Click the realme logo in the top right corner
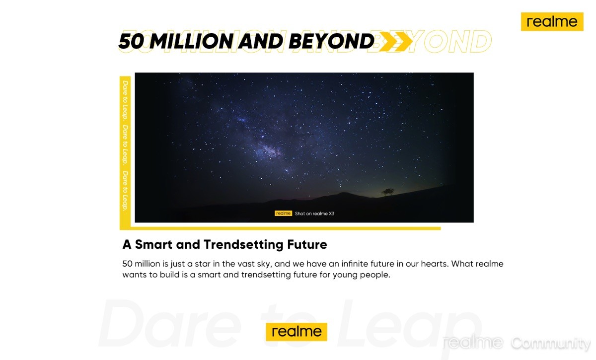click(552, 21)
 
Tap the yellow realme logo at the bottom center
click(297, 332)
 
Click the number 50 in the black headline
click(131, 41)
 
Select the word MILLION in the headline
click(192, 41)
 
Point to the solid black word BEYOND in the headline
click(332, 41)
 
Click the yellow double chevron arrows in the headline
click(396, 41)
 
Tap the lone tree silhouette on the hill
click(388, 192)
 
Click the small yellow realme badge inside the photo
click(284, 214)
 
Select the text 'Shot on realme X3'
click(314, 214)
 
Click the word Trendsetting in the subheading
click(243, 245)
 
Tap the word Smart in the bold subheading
click(153, 244)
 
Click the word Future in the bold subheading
click(307, 244)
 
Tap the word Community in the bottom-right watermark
click(551, 343)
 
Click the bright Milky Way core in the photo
click(269, 150)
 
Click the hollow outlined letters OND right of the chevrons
click(457, 41)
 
